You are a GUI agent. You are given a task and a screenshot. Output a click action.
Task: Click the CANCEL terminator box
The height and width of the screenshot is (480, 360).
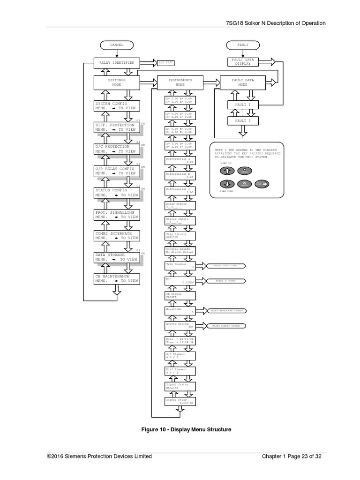[x=117, y=45]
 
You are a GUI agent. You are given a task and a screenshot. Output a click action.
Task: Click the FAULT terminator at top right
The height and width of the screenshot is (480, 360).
[x=243, y=45]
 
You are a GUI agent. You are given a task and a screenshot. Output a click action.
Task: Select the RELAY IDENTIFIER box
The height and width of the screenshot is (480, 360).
[x=117, y=62]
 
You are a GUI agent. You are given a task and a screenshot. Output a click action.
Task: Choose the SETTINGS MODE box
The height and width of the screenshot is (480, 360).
[x=117, y=82]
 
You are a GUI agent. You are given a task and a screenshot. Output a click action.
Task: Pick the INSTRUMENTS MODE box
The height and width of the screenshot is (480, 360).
[x=180, y=82]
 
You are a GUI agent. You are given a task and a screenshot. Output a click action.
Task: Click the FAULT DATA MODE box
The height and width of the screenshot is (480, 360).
[x=243, y=82]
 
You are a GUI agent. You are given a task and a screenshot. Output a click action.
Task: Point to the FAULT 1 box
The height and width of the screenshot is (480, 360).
[x=243, y=105]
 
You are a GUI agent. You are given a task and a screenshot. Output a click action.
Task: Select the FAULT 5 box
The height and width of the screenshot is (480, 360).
[x=243, y=121]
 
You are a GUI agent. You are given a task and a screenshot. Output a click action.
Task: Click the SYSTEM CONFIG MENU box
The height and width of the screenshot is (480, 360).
[x=117, y=105]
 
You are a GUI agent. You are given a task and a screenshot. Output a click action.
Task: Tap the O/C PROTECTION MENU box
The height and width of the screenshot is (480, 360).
[x=117, y=149]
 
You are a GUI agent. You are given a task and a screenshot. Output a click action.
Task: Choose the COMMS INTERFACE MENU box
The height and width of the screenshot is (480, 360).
[x=117, y=235]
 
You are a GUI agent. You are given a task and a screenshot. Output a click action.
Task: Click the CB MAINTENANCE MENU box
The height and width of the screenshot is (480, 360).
[x=117, y=278]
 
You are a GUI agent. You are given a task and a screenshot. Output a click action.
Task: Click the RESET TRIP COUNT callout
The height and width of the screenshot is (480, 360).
[x=226, y=266]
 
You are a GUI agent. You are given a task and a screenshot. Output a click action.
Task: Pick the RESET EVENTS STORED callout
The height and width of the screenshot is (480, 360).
[x=226, y=325]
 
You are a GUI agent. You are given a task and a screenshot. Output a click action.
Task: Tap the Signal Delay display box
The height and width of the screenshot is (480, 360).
[x=180, y=401]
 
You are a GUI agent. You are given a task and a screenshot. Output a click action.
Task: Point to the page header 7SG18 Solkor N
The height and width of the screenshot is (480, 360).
[x=273, y=23]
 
